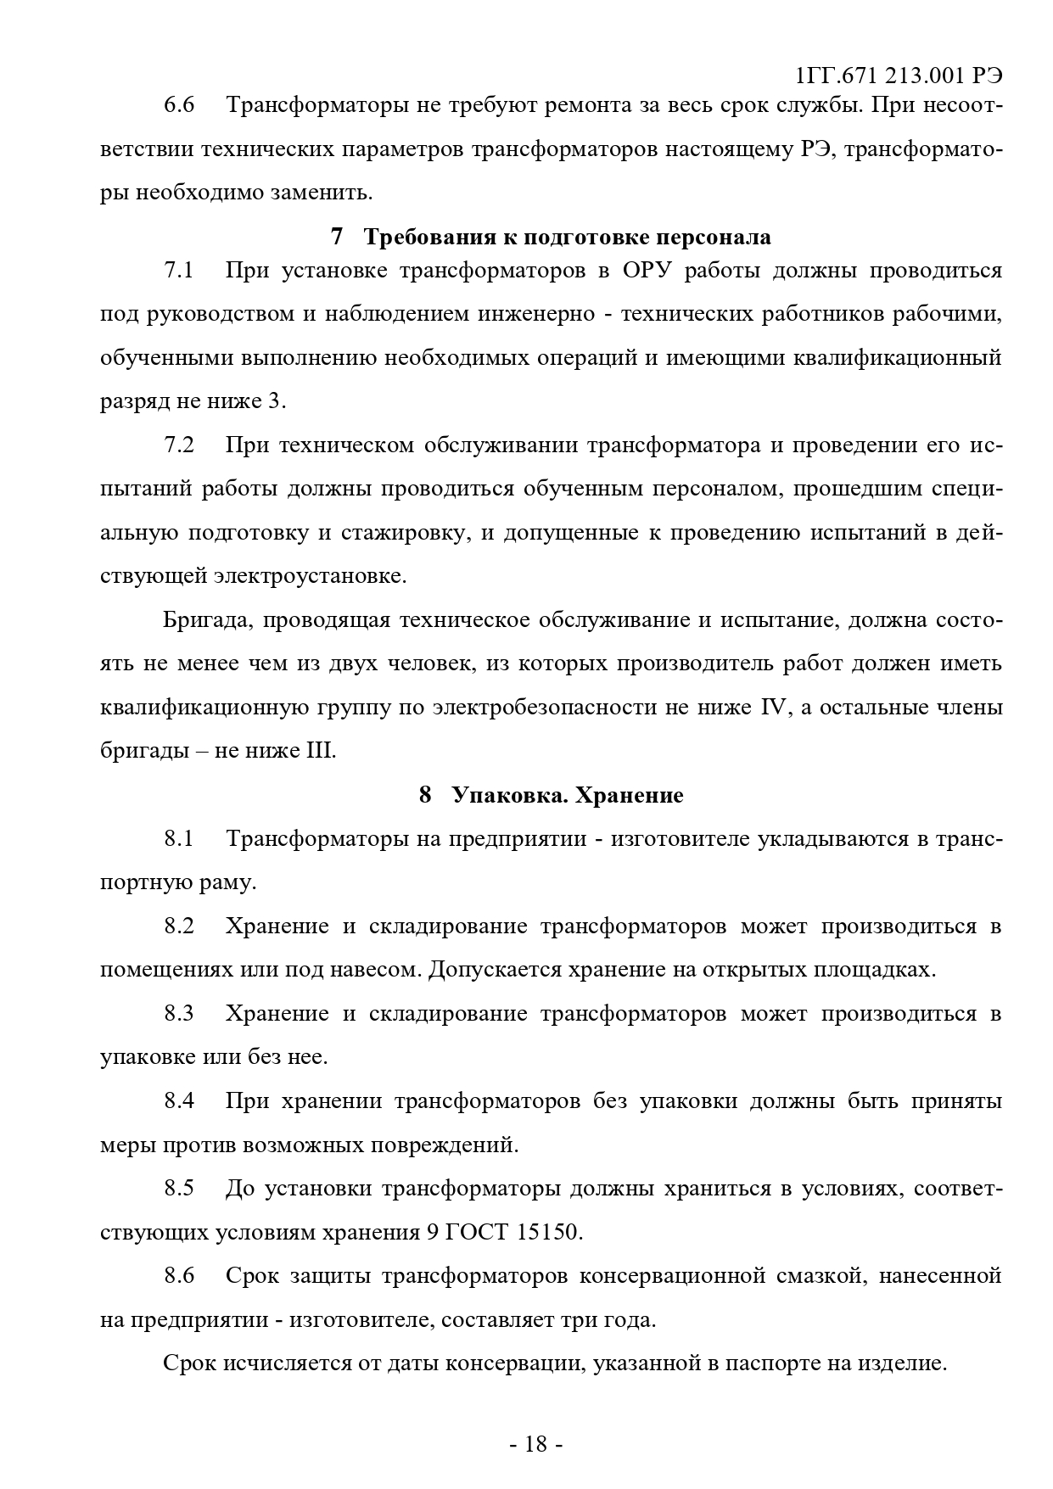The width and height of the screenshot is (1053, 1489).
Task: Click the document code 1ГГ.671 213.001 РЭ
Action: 899,76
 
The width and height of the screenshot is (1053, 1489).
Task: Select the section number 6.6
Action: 179,105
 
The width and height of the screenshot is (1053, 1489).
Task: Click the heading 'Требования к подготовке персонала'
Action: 567,237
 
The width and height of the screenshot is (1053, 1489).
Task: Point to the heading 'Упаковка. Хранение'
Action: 567,796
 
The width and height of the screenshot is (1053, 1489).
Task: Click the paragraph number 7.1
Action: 179,271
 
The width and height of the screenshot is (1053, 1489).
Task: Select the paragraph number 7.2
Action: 179,445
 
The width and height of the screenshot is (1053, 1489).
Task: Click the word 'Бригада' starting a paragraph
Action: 207,620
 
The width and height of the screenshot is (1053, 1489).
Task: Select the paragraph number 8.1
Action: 179,839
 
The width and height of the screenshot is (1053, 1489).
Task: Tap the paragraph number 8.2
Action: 179,926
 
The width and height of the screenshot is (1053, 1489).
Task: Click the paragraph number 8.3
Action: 179,1013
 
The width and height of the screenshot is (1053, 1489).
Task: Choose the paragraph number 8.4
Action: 179,1101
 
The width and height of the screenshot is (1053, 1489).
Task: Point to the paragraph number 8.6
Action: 179,1276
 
